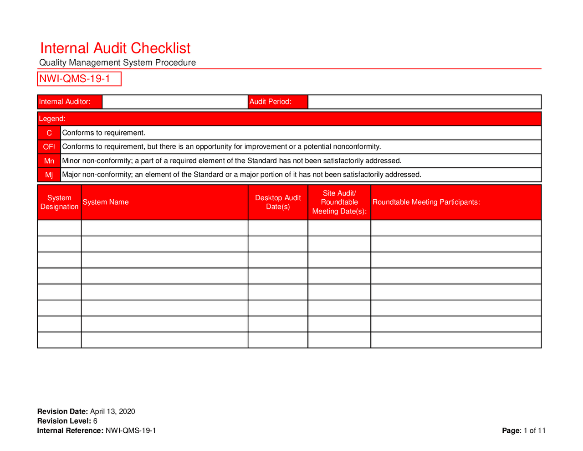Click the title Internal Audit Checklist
point(115,48)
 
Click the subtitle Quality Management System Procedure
point(118,62)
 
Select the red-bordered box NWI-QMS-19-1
point(79,79)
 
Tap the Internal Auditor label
point(65,102)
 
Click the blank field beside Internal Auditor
point(175,102)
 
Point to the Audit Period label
point(271,102)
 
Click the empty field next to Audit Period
point(424,102)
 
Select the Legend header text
point(52,119)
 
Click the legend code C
point(49,133)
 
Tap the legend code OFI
point(49,147)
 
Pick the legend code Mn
point(49,161)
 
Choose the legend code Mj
point(49,175)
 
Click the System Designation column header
point(59,202)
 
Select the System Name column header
point(106,202)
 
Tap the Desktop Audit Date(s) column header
point(278,202)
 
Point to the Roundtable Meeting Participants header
point(426,202)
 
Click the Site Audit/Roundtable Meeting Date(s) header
point(339,202)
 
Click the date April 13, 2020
point(113,411)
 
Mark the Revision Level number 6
point(95,421)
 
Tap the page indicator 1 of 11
point(535,430)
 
